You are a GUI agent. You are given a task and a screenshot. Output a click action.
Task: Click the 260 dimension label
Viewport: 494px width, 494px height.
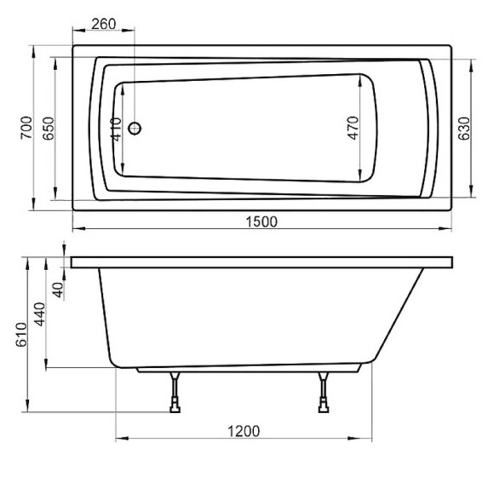coord(103,23)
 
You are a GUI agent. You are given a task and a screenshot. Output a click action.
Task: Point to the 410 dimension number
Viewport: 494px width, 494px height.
coord(117,128)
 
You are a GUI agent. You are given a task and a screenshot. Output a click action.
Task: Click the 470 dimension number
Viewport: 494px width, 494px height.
coord(353,128)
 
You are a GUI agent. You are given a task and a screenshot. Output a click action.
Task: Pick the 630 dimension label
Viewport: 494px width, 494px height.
coord(464,126)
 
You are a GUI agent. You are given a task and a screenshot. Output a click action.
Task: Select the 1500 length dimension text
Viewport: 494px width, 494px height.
coord(261,221)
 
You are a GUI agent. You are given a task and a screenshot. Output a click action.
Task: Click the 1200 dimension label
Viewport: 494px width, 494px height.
coord(245,431)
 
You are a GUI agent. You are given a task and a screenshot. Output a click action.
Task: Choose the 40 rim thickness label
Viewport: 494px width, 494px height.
coord(58,290)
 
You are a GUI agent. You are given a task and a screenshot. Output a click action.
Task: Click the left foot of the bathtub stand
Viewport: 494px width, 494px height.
coord(175,410)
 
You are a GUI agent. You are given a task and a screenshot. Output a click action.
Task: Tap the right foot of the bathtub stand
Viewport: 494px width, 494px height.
coord(325,410)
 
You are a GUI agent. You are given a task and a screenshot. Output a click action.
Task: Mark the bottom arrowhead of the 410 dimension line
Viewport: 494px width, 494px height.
coord(123,171)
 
